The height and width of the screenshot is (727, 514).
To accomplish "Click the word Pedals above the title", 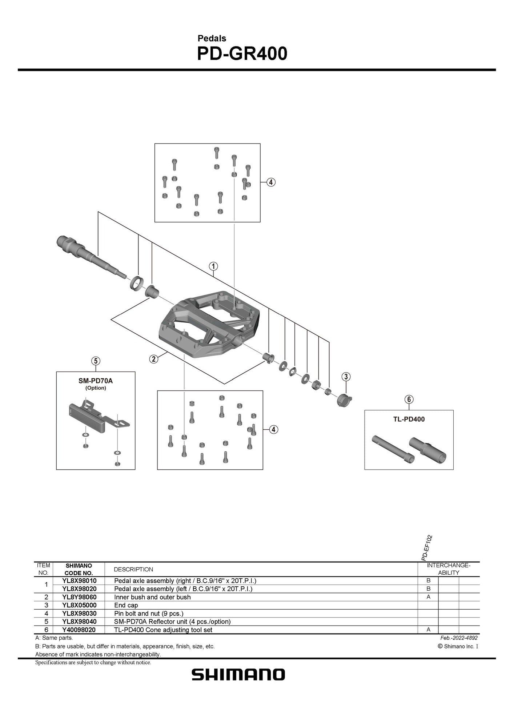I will click(x=212, y=38).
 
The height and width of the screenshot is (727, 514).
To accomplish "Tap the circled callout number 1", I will click(x=213, y=266).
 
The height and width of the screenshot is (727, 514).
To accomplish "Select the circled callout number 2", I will click(x=154, y=359).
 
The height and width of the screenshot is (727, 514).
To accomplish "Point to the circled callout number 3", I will click(x=346, y=376).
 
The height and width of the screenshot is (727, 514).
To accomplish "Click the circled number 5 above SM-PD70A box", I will click(x=95, y=361).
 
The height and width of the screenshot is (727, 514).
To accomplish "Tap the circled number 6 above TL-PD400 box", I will click(x=409, y=399).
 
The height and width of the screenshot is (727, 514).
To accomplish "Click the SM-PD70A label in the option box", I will click(x=96, y=381).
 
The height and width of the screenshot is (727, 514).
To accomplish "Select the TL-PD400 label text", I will click(x=409, y=419).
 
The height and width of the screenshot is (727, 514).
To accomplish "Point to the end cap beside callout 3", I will click(x=344, y=399).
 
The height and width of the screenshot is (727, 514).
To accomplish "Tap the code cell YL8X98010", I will click(x=79, y=581).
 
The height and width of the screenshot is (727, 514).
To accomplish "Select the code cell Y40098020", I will click(x=79, y=630).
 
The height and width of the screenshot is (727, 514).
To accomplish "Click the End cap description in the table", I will click(x=126, y=605).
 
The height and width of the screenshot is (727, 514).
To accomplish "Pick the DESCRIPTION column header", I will click(x=133, y=569).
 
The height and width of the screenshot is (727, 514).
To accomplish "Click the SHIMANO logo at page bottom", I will click(x=238, y=675).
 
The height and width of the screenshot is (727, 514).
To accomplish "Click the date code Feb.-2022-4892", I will click(x=459, y=638).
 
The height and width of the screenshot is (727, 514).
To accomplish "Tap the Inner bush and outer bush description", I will click(x=152, y=597).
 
